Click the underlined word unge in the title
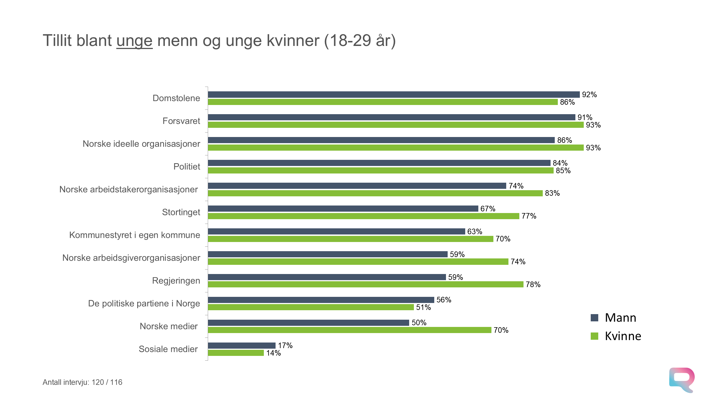[x=134, y=41]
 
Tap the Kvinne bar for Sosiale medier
[x=236, y=353]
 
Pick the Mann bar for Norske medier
[x=308, y=323]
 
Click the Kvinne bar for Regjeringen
[x=365, y=284]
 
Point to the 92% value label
[x=589, y=95]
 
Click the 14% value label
[x=273, y=353]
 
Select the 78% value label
[x=533, y=284]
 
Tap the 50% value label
[x=419, y=323]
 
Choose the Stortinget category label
[x=181, y=212]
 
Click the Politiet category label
[x=187, y=167]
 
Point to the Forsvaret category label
[x=181, y=121]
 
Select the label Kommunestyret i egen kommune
[x=134, y=235]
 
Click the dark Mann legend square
[x=594, y=318]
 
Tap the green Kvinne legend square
[x=594, y=336]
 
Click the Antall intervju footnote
[x=82, y=382]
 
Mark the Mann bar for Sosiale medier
[x=242, y=346]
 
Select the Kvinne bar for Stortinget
[x=363, y=216]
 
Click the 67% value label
[x=488, y=209]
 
